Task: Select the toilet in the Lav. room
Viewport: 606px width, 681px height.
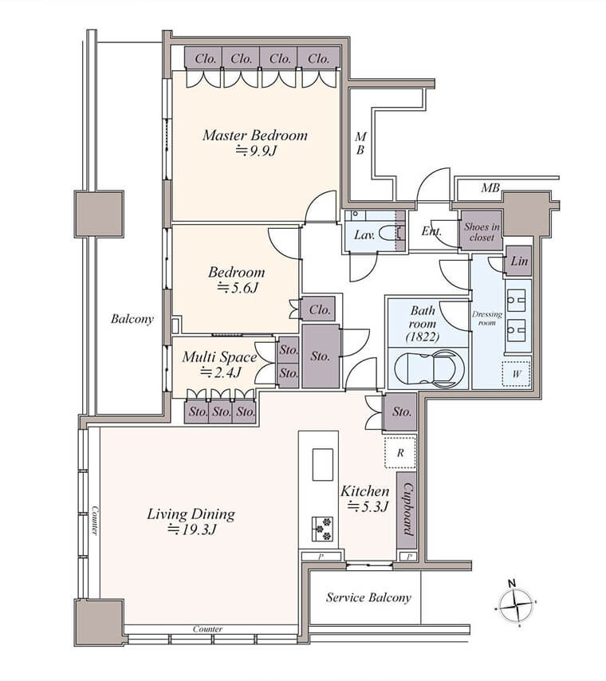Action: coord(391,234)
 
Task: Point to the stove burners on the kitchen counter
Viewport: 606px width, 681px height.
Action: coord(322,529)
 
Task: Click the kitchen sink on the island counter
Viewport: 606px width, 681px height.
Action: coord(322,465)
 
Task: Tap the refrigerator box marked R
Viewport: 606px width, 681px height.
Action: coord(400,453)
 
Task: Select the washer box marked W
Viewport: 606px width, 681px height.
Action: coord(517,373)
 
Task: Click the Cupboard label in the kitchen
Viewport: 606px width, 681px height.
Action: coord(407,509)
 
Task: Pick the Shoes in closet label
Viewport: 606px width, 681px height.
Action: coord(482,232)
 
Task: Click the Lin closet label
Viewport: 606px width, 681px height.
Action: coord(519,261)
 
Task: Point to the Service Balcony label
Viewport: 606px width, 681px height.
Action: coord(368,597)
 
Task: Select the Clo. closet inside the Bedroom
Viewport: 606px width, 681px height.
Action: coord(319,309)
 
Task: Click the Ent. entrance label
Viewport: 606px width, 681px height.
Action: coord(431,231)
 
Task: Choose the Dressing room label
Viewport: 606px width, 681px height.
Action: coord(487,318)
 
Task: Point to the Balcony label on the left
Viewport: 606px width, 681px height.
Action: coord(132,319)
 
